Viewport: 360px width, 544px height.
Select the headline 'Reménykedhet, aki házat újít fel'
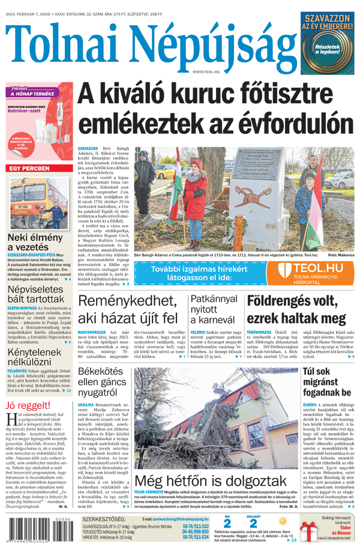[x=128, y=309]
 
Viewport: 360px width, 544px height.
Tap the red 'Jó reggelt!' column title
[x=28, y=405]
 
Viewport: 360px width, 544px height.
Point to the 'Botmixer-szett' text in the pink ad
[x=25, y=112]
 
